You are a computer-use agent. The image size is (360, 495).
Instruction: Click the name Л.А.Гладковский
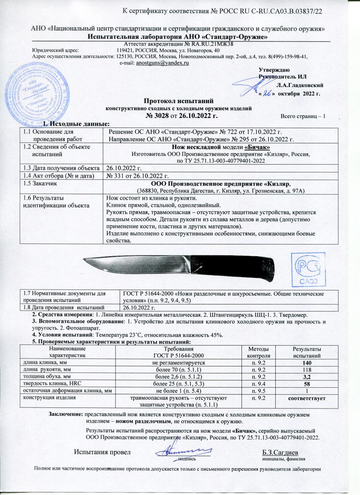(x=300, y=85)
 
